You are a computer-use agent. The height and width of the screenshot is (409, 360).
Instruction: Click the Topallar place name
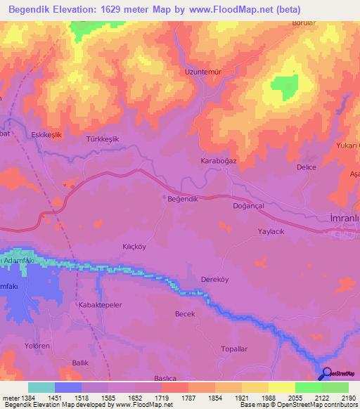pyautogui.click(x=234, y=349)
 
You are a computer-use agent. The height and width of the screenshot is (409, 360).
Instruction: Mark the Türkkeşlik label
pyautogui.click(x=102, y=139)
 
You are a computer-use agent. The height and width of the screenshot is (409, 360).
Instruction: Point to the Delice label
pyautogui.click(x=307, y=167)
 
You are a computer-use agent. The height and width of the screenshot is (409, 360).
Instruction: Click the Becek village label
pyautogui.click(x=184, y=314)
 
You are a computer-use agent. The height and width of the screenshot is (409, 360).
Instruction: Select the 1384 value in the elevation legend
pyautogui.click(x=20, y=398)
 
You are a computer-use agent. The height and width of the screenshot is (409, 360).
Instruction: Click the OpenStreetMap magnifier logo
pyautogui.click(x=326, y=375)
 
